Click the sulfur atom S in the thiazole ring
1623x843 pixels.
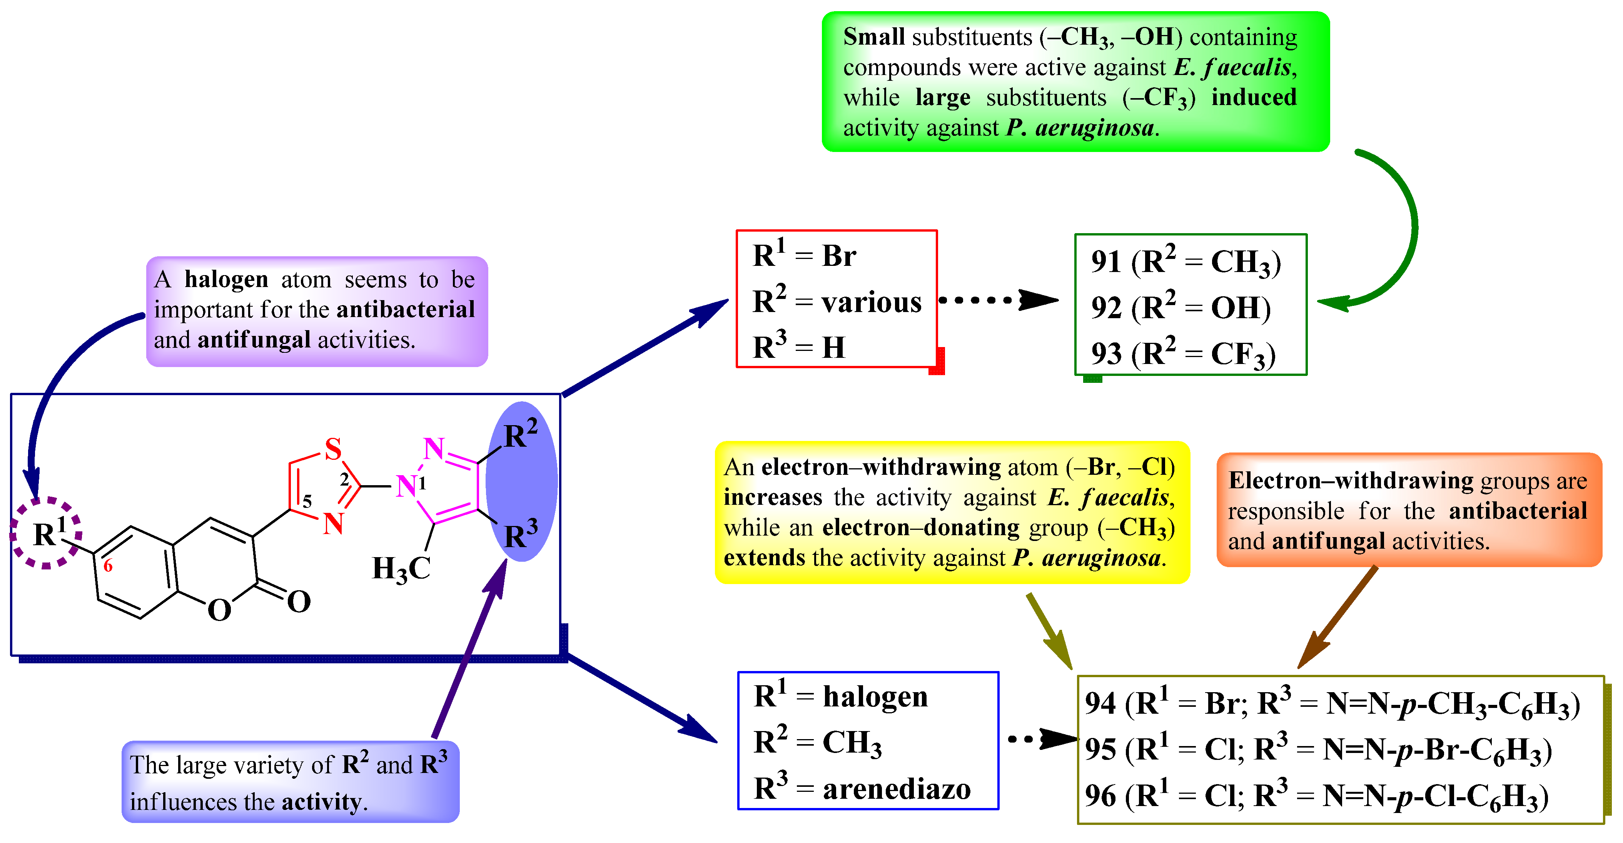[333, 449]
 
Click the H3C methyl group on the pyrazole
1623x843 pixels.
[401, 569]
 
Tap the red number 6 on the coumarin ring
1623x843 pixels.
[108, 566]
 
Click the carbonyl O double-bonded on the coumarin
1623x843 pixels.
[299, 602]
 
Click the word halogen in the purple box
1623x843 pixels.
[226, 279]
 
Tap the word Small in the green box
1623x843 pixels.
[874, 37]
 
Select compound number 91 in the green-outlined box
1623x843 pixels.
[1106, 262]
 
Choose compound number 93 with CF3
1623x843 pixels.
[1106, 354]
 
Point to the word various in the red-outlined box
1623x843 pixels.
[872, 302]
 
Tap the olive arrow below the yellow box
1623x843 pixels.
[1049, 631]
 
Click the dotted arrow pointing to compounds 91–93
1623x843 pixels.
[999, 300]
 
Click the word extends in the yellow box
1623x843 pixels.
[764, 558]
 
